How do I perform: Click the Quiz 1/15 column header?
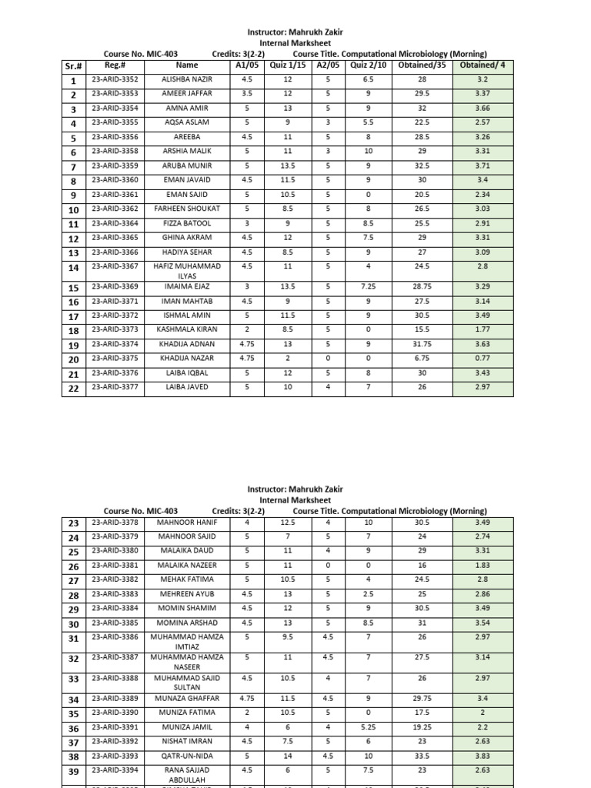click(x=287, y=65)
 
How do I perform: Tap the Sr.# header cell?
click(x=74, y=67)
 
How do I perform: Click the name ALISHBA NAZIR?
click(x=186, y=79)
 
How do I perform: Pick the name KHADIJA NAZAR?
click(x=186, y=358)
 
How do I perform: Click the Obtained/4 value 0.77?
click(x=482, y=358)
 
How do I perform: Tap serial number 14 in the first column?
click(x=74, y=269)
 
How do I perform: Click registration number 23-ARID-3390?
click(x=115, y=713)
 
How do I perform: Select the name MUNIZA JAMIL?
click(x=188, y=727)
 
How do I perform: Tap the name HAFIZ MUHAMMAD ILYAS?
click(x=186, y=271)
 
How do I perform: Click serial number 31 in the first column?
click(x=74, y=639)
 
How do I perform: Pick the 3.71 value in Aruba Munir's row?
click(x=482, y=165)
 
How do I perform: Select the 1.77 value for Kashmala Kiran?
click(x=482, y=329)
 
